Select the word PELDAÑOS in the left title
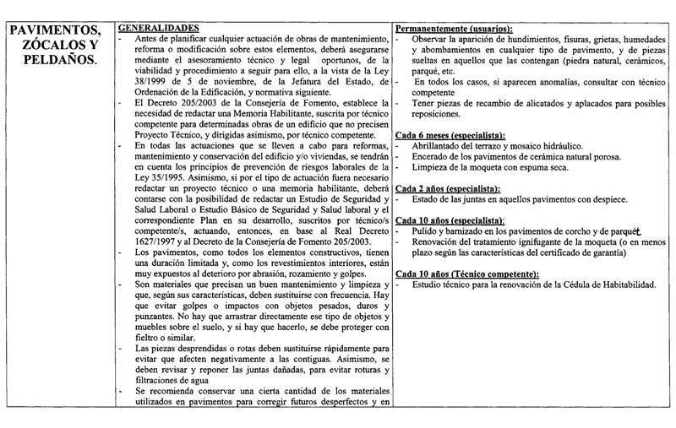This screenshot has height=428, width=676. (x=57, y=62)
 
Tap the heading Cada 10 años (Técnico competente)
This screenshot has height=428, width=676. (x=466, y=274)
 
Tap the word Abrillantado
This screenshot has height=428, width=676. (x=441, y=145)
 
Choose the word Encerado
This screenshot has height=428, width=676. (x=433, y=156)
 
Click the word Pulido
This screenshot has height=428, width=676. (x=427, y=230)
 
